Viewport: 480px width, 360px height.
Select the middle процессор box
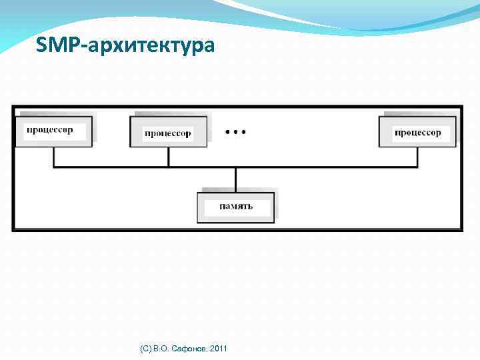pos(168,132)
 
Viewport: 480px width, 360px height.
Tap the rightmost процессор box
pos(417,132)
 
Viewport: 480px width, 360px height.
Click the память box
pos(235,207)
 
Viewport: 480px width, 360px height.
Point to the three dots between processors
pos(235,132)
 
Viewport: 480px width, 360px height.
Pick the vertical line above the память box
pos(235,180)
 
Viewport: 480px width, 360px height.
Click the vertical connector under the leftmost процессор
pos(53,157)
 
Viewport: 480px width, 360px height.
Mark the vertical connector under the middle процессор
pos(168,157)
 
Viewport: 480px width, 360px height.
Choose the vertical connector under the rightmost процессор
pos(417,157)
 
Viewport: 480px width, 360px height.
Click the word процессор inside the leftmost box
pos(50,129)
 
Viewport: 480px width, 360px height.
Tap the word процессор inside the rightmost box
pos(418,133)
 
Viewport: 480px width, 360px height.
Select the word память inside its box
pos(236,207)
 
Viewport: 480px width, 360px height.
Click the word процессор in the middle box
pos(168,133)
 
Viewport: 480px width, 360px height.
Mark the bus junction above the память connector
pos(235,167)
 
